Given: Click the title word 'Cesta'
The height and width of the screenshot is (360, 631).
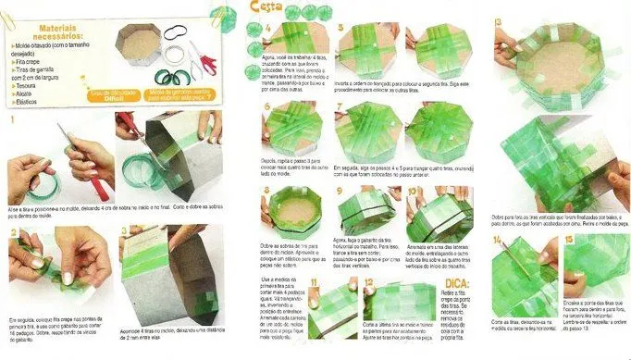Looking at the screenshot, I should (267, 9).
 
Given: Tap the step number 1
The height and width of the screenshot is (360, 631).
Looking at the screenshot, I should (12, 119).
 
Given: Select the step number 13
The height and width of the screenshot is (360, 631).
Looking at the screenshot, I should (499, 21).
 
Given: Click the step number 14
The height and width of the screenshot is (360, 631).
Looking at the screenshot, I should (499, 242).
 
